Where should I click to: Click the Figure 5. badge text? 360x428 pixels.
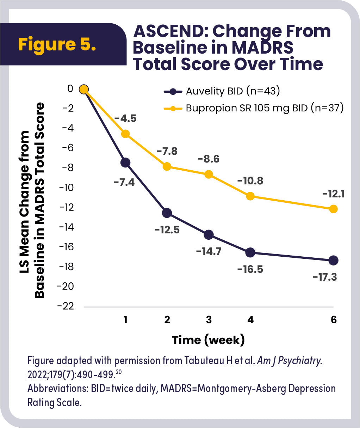pos(57,45)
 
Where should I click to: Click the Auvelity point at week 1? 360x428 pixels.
pos(125,163)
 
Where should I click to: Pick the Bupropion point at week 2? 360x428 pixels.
pos(167,166)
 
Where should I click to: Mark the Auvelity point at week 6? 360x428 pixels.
pos(333,261)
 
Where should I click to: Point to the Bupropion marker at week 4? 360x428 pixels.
pos(250,196)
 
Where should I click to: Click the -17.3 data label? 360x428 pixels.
pos(324,277)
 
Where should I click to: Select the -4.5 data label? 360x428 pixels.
pos(124,118)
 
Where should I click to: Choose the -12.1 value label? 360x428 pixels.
pos(333,194)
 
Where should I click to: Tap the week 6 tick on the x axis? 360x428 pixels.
pos(334,320)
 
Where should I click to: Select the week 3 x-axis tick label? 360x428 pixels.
pos(209,320)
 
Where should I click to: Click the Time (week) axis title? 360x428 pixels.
pos(208,340)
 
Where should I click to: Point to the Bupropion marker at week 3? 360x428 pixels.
pos(209,174)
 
